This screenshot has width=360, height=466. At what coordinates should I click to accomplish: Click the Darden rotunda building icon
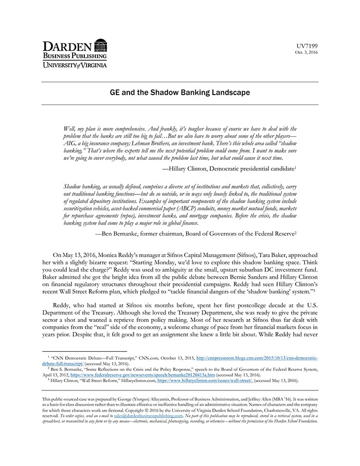(101, 45)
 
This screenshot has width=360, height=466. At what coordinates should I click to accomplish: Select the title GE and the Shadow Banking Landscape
(180, 93)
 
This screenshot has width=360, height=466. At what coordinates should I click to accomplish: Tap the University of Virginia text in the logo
(75, 65)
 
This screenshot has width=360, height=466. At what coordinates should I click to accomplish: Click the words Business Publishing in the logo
(75, 56)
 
